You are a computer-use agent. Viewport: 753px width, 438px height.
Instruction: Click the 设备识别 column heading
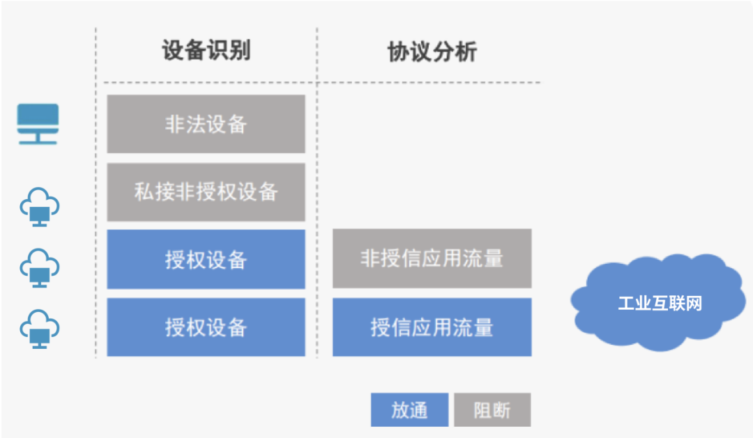(x=206, y=52)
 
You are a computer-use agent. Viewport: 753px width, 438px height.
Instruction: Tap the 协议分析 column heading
(x=432, y=52)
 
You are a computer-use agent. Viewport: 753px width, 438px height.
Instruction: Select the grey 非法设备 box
(x=206, y=124)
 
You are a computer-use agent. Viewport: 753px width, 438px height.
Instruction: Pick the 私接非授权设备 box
(x=206, y=191)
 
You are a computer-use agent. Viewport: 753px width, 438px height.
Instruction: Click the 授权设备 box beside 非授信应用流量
(x=206, y=259)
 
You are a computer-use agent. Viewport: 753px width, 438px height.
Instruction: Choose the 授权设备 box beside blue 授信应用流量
(x=206, y=327)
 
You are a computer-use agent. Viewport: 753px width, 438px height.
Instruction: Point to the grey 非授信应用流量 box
(x=432, y=258)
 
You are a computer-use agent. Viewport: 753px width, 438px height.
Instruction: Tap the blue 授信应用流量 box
(x=432, y=327)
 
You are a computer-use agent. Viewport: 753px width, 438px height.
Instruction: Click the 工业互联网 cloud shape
(x=658, y=303)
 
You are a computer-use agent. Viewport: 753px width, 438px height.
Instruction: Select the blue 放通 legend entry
(x=409, y=409)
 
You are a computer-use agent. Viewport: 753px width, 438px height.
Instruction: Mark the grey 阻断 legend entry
(x=492, y=409)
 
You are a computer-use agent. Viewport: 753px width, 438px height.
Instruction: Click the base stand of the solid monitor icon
(x=38, y=140)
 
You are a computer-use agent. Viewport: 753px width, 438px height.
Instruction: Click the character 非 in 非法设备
(x=175, y=125)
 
